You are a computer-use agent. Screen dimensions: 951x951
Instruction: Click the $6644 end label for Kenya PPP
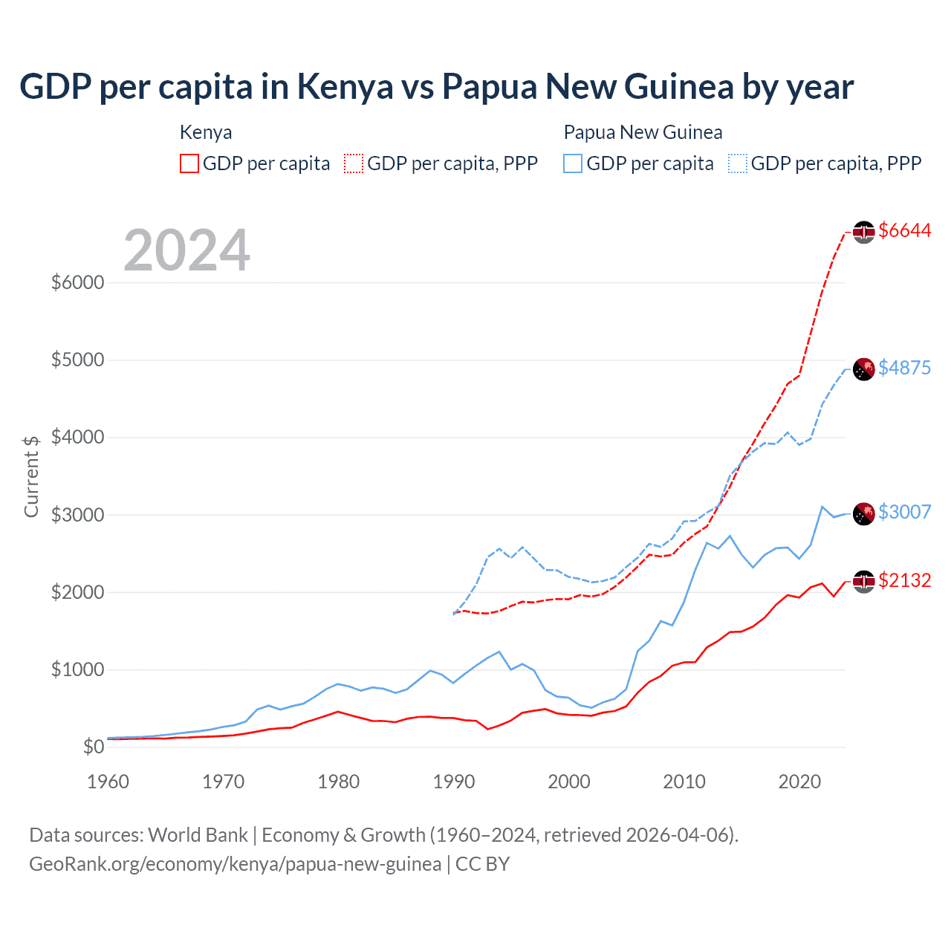[904, 231]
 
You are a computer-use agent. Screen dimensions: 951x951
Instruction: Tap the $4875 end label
[904, 368]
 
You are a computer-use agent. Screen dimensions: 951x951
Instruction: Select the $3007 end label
[904, 512]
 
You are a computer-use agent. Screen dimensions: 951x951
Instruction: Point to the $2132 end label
[904, 580]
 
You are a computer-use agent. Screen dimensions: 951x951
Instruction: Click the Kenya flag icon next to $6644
[863, 232]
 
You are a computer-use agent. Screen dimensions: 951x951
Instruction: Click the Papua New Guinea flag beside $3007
[863, 513]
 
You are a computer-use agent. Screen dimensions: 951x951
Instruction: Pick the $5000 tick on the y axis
[77, 360]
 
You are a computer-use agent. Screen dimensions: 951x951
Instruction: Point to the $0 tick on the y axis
[93, 747]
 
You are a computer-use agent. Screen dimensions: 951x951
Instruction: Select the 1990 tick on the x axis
[454, 782]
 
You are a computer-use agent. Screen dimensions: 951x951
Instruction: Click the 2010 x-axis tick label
[684, 782]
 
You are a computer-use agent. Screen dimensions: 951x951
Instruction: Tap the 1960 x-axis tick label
[108, 782]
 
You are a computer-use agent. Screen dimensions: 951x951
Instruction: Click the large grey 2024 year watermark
[186, 250]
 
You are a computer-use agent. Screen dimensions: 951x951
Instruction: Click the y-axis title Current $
[31, 476]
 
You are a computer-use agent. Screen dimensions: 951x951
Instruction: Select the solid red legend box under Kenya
[189, 163]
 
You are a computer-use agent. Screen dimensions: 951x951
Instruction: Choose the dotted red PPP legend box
[354, 163]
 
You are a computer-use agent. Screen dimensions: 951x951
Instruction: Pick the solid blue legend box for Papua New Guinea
[573, 163]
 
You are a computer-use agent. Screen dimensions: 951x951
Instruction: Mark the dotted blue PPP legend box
[738, 163]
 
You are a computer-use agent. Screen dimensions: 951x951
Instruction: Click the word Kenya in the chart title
[345, 87]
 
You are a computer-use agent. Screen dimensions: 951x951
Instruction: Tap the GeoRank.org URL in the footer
[235, 864]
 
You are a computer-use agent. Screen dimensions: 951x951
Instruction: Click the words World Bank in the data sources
[198, 835]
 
